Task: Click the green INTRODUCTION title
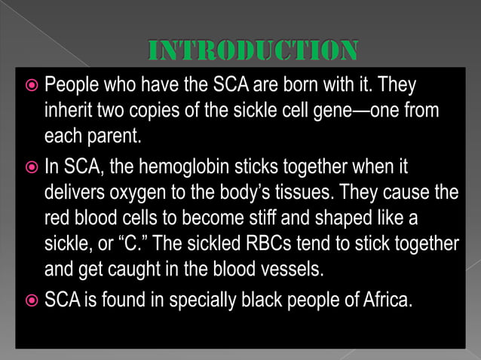click(x=252, y=51)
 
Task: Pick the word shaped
click(x=354, y=218)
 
